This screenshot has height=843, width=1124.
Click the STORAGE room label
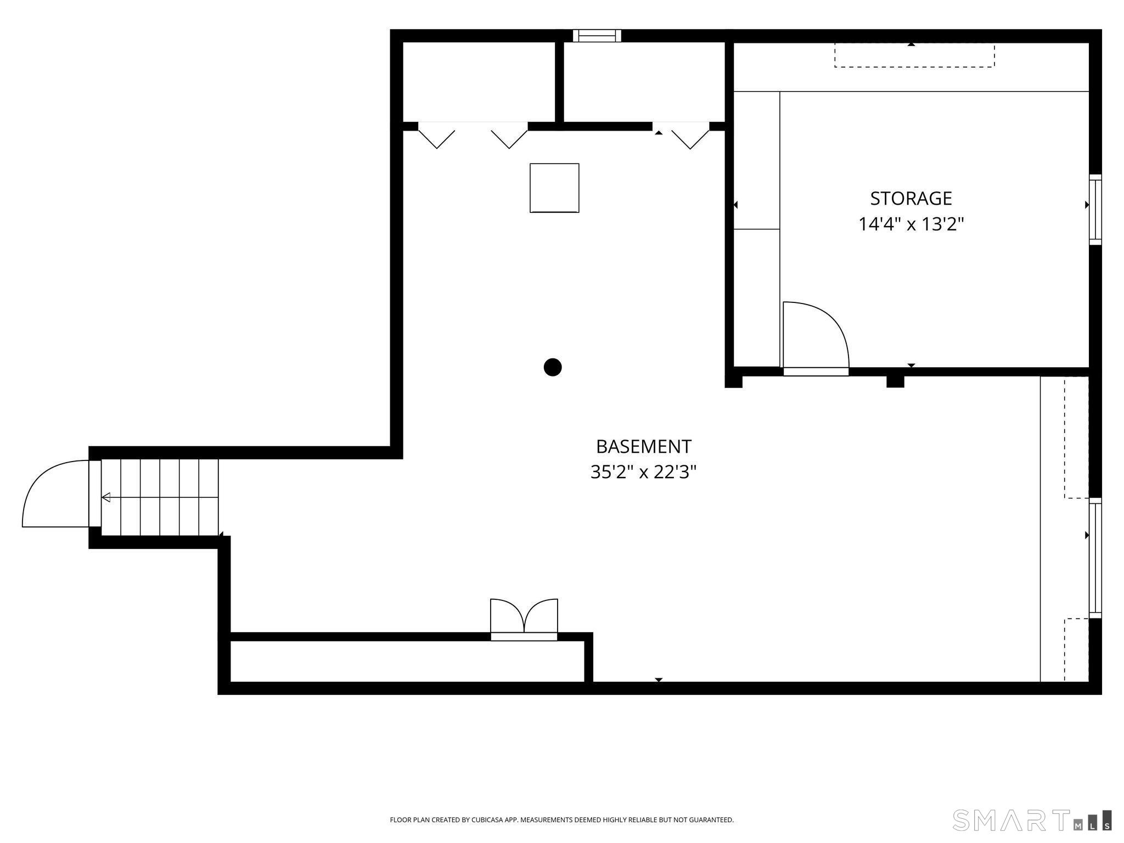(911, 198)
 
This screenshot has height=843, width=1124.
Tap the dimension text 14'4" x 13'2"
(911, 224)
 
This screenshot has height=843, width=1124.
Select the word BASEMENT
(643, 447)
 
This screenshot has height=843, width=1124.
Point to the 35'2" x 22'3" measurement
(643, 472)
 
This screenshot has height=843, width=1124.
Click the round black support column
(553, 367)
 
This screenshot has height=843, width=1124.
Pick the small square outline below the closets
(554, 188)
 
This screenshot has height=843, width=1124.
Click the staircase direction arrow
(106, 497)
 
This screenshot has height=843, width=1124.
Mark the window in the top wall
(597, 36)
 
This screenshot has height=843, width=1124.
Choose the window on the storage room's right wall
(1095, 210)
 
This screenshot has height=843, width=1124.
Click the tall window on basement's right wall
(1095, 558)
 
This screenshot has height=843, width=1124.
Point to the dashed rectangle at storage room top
(914, 55)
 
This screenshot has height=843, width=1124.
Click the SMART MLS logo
(1032, 820)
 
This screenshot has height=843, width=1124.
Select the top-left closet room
(479, 82)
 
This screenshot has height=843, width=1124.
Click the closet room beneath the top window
(644, 82)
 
